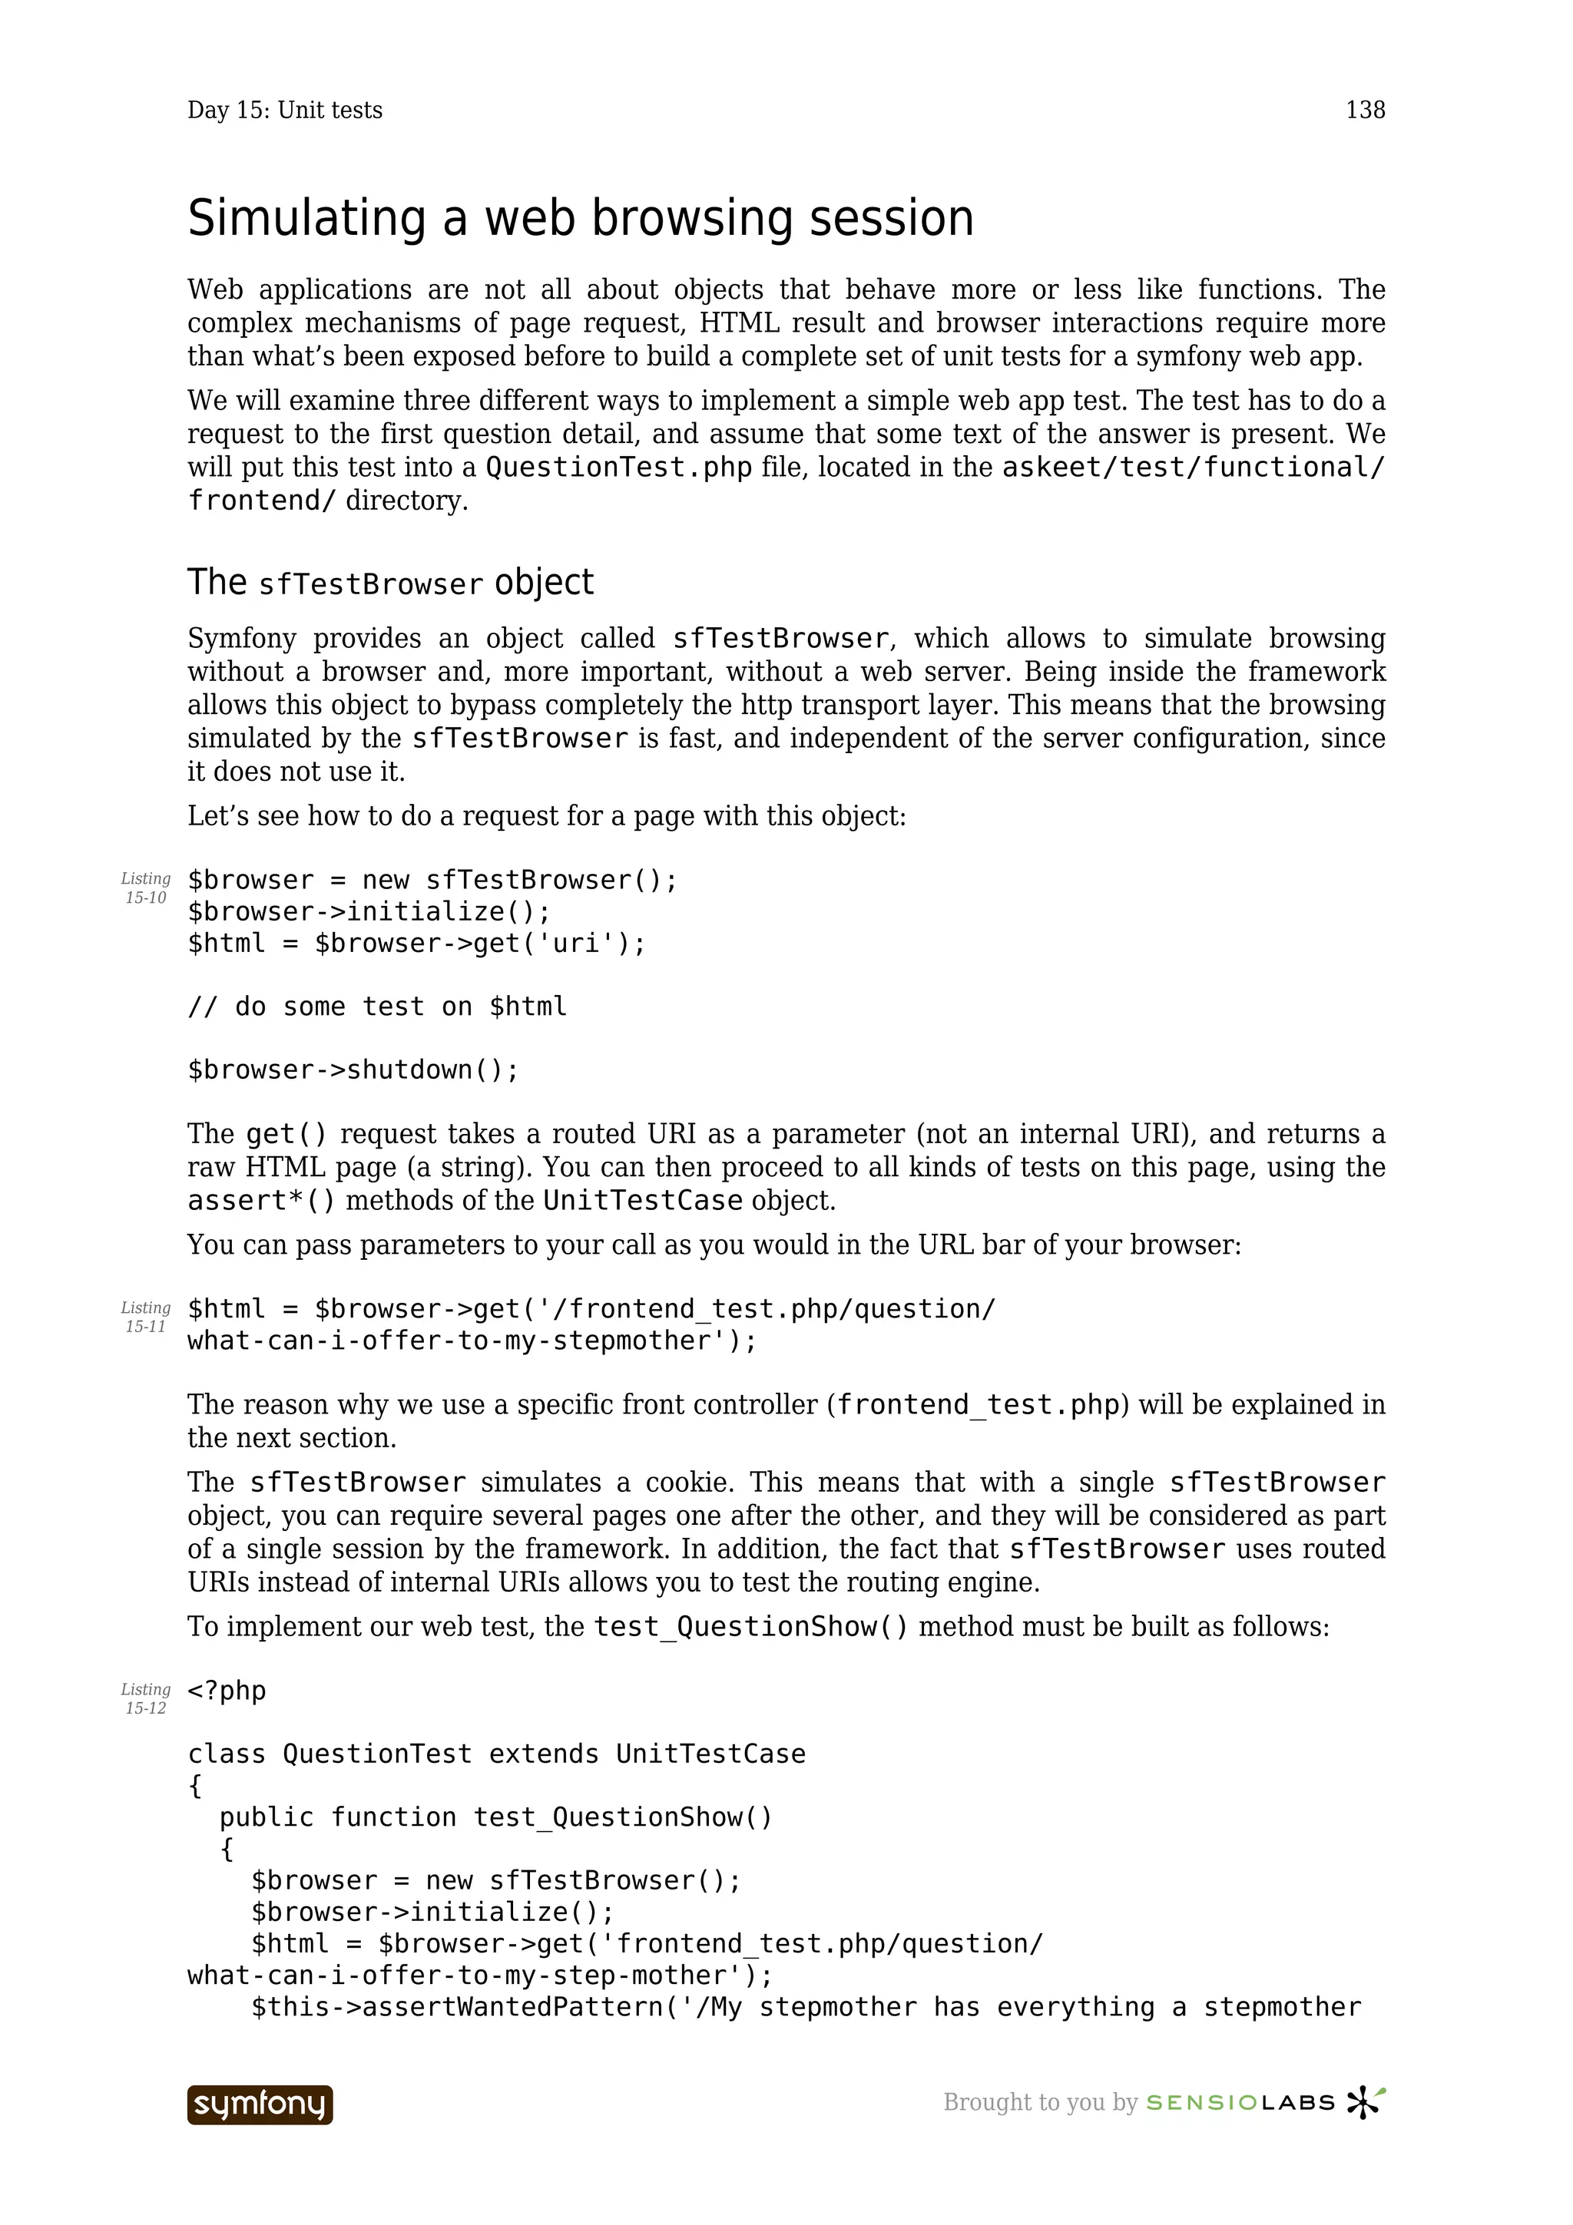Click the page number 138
pyautogui.click(x=1365, y=111)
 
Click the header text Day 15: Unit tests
pyautogui.click(x=285, y=111)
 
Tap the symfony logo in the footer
pyautogui.click(x=260, y=2104)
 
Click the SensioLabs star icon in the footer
pyautogui.click(x=1366, y=2103)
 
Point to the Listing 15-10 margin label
pyautogui.click(x=145, y=888)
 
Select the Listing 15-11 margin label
pyautogui.click(x=145, y=1317)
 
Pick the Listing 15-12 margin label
pyautogui.click(x=145, y=1699)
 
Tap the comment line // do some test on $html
pyautogui.click(x=377, y=1007)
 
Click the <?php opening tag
pyautogui.click(x=227, y=1691)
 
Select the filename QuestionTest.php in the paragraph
pyautogui.click(x=618, y=468)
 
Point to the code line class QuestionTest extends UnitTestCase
pyautogui.click(x=496, y=1754)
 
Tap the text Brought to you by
pyautogui.click(x=1040, y=2103)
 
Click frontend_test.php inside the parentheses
pyautogui.click(x=978, y=1405)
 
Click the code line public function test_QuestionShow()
pyautogui.click(x=495, y=1817)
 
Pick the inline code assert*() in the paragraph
pyautogui.click(x=262, y=1201)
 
